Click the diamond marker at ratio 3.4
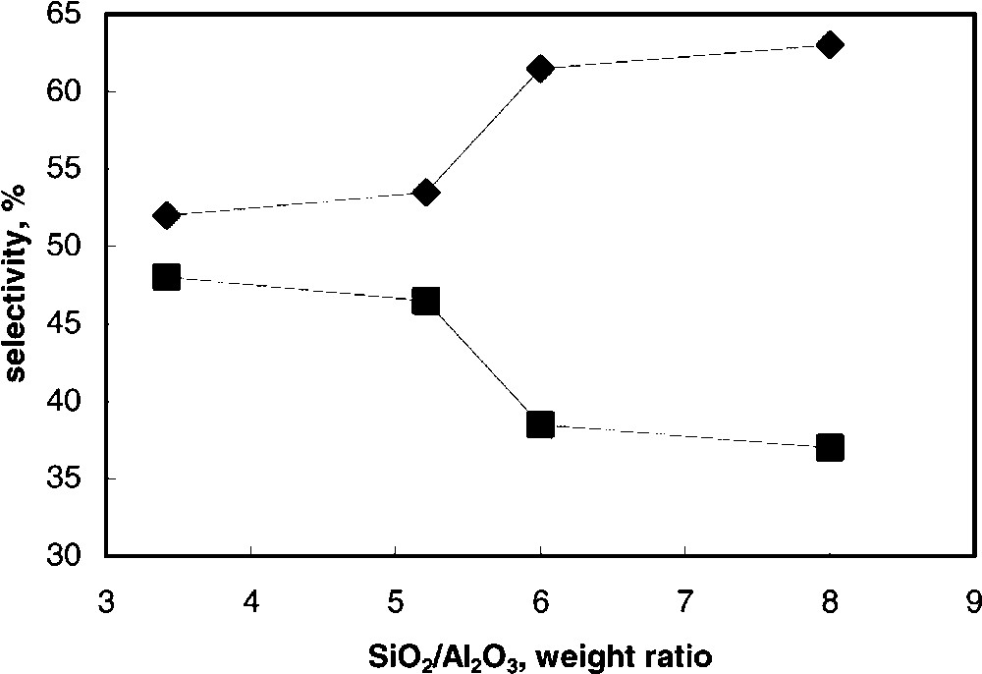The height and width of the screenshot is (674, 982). pyautogui.click(x=166, y=215)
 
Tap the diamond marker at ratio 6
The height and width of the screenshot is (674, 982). pyautogui.click(x=540, y=68)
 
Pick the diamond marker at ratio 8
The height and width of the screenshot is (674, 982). pyautogui.click(x=830, y=45)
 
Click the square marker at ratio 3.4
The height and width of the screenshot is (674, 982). pyautogui.click(x=166, y=277)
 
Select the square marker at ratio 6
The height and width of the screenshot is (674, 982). pyautogui.click(x=540, y=424)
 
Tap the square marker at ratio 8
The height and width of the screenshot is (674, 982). pyautogui.click(x=830, y=448)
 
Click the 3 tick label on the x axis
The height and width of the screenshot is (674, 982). pyautogui.click(x=107, y=598)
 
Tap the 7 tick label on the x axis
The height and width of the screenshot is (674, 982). pyautogui.click(x=684, y=598)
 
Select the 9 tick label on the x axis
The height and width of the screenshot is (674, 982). pyautogui.click(x=973, y=598)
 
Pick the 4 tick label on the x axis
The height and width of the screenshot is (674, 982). pyautogui.click(x=251, y=598)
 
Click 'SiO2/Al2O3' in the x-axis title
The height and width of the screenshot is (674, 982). pyautogui.click(x=437, y=651)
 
